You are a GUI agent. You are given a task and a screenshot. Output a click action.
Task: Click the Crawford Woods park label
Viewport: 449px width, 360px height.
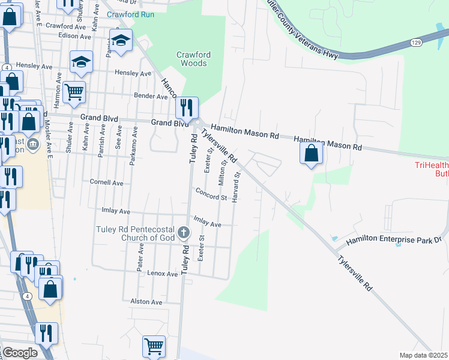193,58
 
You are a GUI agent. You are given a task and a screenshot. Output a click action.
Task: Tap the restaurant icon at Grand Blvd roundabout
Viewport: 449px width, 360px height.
187,108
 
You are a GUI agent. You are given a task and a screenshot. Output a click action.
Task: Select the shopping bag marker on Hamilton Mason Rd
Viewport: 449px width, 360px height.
311,153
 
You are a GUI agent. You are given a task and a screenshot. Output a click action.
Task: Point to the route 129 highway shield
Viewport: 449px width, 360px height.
416,43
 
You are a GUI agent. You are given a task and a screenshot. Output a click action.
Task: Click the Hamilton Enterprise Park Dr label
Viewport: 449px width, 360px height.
394,239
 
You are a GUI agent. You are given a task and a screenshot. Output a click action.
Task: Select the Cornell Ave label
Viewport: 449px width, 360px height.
106,182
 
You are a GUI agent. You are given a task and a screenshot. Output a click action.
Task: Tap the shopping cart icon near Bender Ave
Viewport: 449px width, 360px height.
74,92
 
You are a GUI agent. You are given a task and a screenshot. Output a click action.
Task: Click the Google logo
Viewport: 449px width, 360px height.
19,353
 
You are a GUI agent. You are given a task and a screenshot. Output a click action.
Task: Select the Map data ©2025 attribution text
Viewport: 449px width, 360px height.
423,355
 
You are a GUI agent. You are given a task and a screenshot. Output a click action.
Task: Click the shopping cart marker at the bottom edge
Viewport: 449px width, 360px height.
154,346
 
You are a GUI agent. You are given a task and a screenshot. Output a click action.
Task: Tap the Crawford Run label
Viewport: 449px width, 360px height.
130,14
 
